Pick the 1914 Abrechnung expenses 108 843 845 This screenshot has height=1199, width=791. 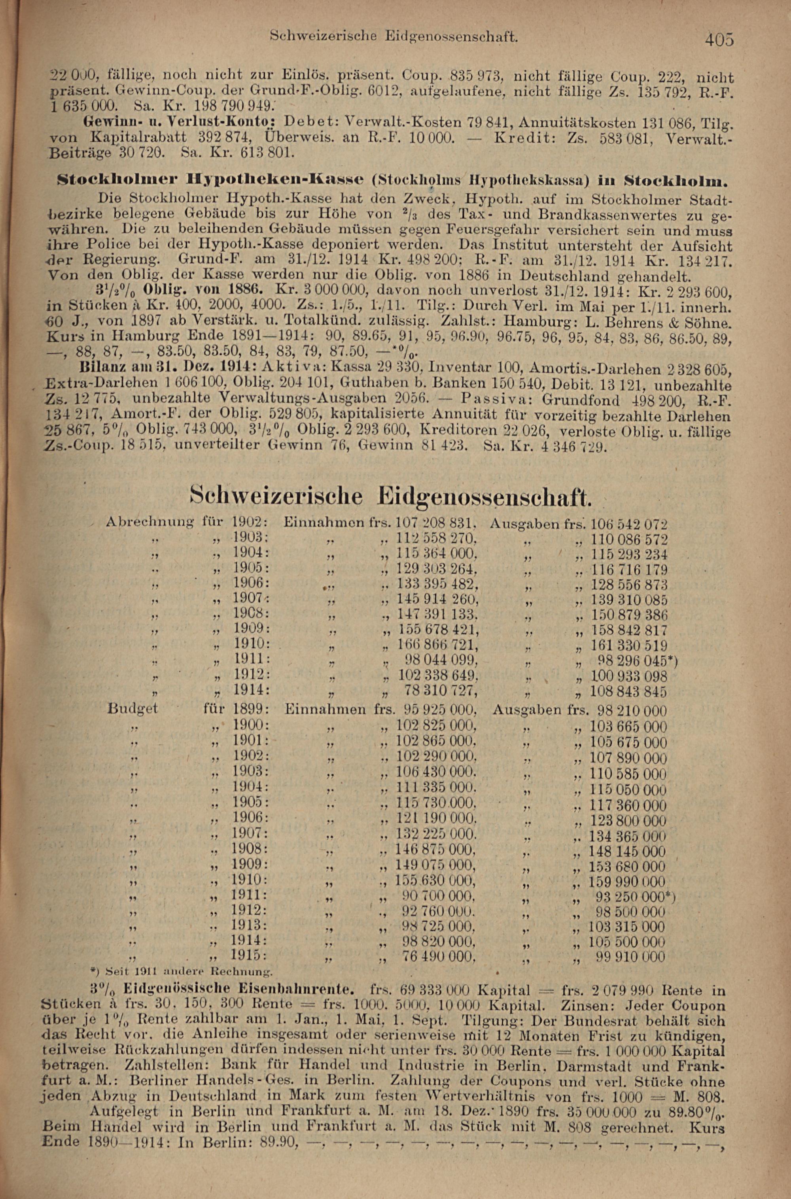tap(628, 691)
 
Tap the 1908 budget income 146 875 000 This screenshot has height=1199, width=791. tap(435, 852)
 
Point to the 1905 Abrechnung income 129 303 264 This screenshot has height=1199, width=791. tap(437, 570)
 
